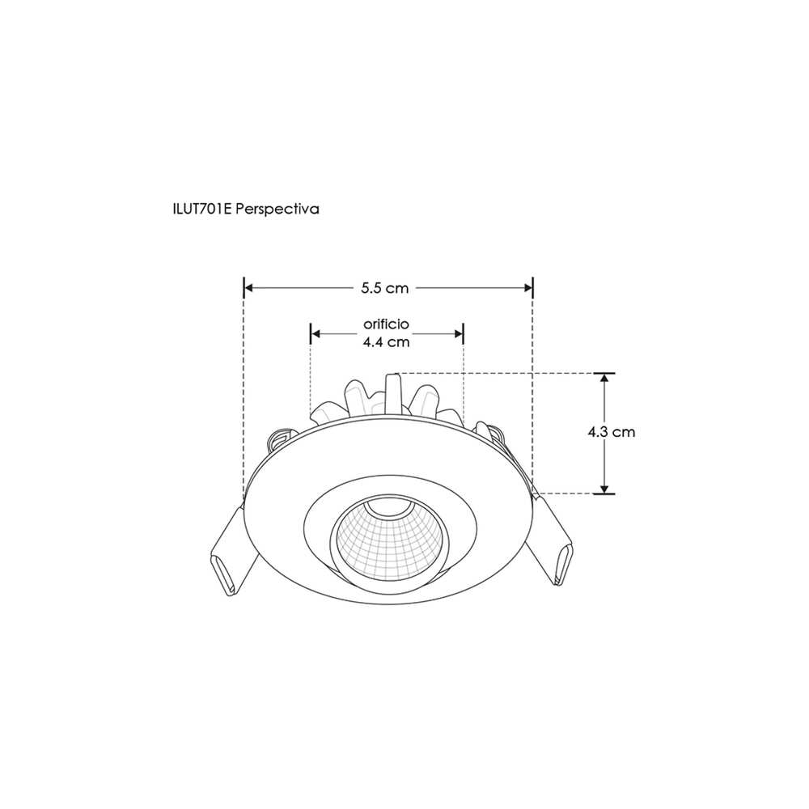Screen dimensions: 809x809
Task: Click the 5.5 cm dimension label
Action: [x=386, y=288]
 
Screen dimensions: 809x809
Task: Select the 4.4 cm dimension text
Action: [x=386, y=341]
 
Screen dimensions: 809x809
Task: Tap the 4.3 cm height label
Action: [x=612, y=432]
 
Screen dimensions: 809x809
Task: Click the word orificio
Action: [x=386, y=323]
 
